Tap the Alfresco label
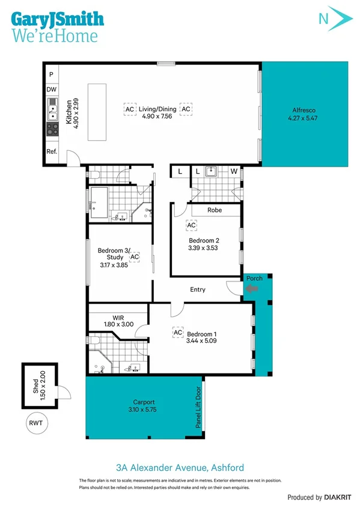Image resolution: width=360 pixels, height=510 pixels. click(x=304, y=110)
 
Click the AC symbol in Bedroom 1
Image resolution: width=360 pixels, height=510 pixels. click(x=178, y=332)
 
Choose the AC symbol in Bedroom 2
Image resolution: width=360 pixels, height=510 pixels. click(x=191, y=225)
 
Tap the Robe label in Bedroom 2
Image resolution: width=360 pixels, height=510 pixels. click(x=215, y=210)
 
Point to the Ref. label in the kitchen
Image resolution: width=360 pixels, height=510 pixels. click(x=52, y=152)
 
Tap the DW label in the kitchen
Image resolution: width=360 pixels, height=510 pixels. click(x=52, y=90)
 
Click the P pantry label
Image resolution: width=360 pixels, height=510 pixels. click(x=52, y=74)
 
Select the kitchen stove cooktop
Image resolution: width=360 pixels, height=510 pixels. click(x=52, y=129)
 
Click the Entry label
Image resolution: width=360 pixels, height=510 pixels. click(x=198, y=290)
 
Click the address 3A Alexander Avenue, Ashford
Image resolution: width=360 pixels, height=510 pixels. click(x=180, y=467)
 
